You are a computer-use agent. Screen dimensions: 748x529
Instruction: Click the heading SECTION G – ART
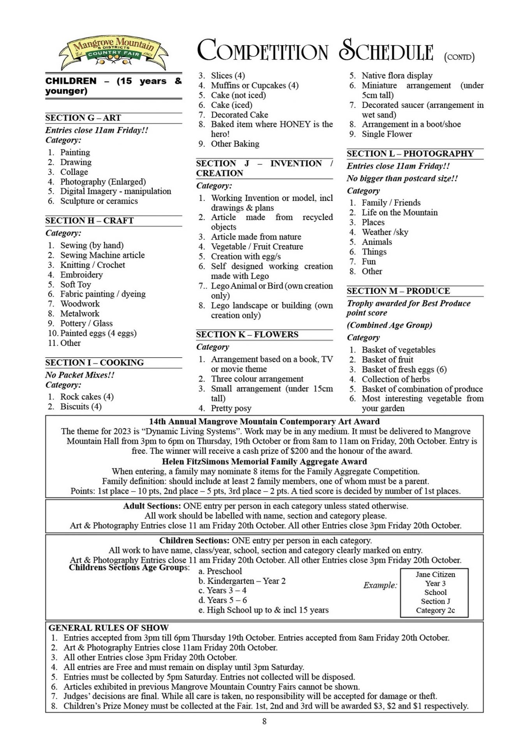(83, 118)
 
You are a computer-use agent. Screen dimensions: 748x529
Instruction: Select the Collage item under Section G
(74, 172)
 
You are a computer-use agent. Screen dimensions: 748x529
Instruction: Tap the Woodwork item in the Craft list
(80, 303)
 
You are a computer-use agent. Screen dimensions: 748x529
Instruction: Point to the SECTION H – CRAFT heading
(89, 221)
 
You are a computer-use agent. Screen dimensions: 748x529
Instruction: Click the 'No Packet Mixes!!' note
(80, 375)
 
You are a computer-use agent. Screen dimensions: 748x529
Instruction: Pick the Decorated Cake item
(239, 115)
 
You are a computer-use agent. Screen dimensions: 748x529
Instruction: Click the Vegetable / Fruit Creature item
(257, 247)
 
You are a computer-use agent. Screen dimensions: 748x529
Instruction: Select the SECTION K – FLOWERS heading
(247, 334)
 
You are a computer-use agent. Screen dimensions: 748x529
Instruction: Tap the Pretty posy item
(231, 408)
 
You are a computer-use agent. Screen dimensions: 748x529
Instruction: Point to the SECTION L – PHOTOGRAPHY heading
(410, 153)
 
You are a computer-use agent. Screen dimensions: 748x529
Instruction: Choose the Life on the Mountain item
(399, 212)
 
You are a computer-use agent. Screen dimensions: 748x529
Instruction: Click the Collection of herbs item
(395, 379)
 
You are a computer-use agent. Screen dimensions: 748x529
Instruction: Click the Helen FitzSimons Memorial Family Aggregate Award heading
(264, 462)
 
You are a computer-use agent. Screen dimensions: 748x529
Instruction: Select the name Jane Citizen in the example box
(435, 574)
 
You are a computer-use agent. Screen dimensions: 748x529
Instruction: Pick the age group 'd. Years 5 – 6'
(222, 600)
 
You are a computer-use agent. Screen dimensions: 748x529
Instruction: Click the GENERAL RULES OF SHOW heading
(108, 628)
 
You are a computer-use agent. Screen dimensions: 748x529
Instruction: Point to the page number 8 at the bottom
(264, 722)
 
